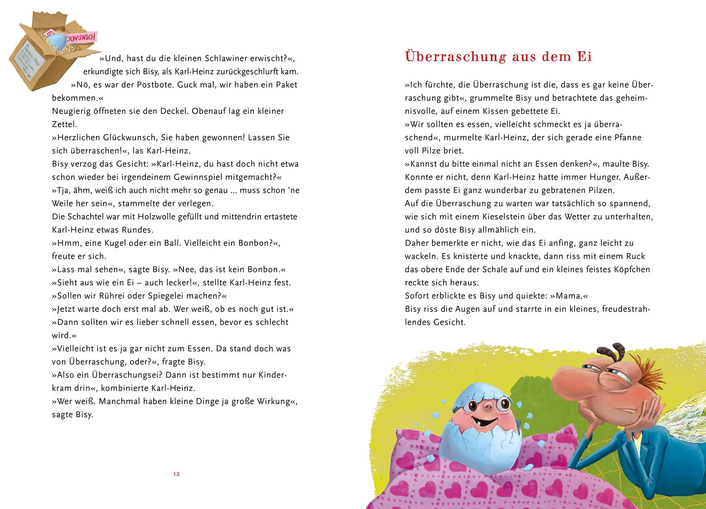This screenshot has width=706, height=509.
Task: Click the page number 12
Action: coord(176,474)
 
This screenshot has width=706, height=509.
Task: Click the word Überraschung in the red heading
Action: coord(456,57)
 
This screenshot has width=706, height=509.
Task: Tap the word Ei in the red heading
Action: coord(584,57)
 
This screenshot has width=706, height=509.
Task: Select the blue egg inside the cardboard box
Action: coord(60,42)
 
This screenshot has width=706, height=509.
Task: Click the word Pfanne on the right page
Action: coord(628,137)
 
